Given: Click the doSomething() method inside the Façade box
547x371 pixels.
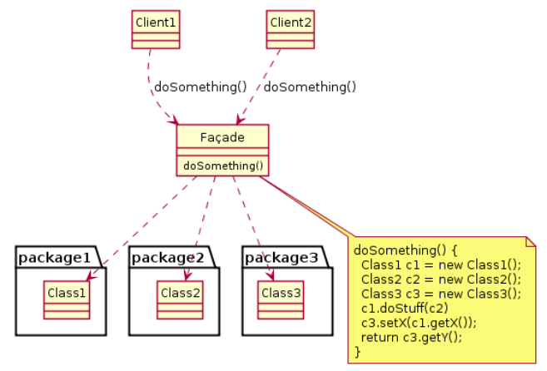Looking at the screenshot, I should click(x=221, y=166).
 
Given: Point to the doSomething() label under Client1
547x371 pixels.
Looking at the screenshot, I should click(x=201, y=86).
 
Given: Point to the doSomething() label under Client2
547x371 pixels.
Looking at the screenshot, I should click(x=310, y=86).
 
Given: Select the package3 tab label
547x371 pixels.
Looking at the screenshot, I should click(x=281, y=258).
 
